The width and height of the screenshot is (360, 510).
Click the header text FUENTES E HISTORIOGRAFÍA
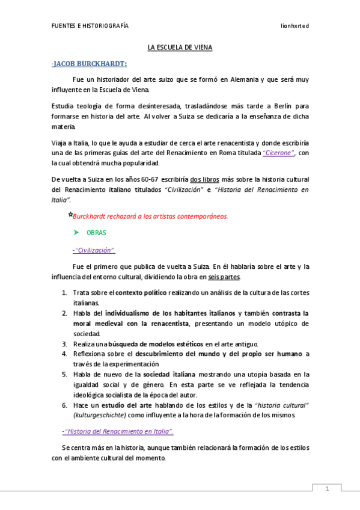pos(90,26)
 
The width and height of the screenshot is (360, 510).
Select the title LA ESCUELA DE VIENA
pos(180,47)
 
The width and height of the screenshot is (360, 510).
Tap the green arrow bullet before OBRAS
pos(76,232)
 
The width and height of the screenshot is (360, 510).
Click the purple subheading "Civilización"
pos(94,250)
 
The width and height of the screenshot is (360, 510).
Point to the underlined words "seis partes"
pos(224,277)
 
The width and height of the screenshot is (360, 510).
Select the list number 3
pos(65,343)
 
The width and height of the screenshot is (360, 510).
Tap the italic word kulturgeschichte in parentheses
pos(100,415)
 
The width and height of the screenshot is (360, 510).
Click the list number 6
pos(65,405)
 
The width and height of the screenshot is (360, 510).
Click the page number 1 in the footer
pos(327,489)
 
